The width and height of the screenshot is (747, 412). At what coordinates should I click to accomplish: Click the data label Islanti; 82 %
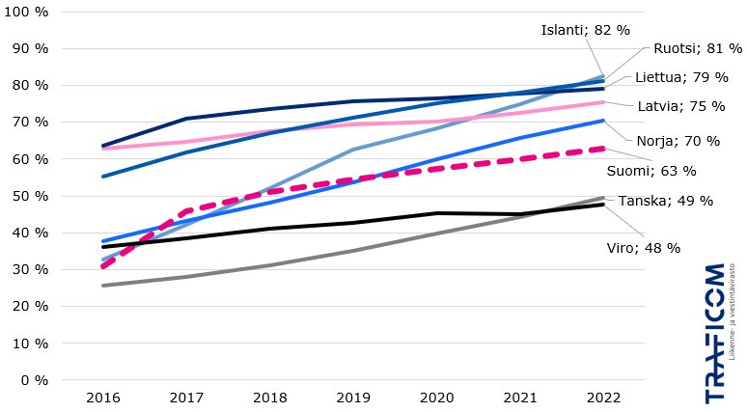point(578,30)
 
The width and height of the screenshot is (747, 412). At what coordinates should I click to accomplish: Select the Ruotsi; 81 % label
point(688,48)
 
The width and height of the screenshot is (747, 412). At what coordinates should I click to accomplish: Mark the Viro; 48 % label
point(650,248)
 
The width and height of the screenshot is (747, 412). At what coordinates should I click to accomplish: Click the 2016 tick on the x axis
point(103,398)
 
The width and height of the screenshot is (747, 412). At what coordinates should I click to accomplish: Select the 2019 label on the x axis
point(352,398)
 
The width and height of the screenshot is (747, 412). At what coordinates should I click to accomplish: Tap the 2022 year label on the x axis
point(602,398)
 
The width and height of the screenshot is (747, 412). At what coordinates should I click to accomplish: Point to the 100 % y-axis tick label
point(29,12)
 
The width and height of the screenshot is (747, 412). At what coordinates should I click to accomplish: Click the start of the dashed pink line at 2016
point(103,265)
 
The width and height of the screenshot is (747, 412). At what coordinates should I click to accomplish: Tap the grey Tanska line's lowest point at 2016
point(103,286)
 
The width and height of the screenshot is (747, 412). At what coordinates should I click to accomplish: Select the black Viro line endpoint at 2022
point(603,205)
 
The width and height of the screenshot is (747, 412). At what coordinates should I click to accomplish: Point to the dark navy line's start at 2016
point(103,146)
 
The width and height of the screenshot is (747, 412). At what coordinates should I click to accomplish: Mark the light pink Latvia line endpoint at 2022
point(603,102)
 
